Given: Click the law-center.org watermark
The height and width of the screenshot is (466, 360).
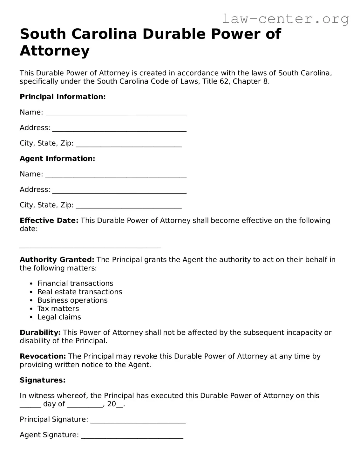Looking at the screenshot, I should tap(285, 19).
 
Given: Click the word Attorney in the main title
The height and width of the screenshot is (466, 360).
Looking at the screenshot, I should tap(55, 51).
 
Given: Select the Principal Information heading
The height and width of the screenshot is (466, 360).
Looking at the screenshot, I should tap(63, 97).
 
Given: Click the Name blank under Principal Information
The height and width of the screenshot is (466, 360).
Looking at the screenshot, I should tap(116, 113).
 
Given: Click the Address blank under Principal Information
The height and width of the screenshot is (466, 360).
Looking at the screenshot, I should tap(119, 129).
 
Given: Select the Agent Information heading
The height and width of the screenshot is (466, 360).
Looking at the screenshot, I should tap(57, 159).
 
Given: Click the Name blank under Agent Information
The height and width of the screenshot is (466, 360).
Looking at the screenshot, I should tap(116, 175).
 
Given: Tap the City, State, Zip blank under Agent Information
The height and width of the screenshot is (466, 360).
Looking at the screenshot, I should tap(129, 206).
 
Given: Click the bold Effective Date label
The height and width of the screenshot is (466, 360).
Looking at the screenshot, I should tap(49, 221).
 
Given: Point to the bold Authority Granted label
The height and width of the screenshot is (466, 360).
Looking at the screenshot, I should tap(57, 260).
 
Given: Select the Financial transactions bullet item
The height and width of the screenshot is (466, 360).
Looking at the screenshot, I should tap(75, 284).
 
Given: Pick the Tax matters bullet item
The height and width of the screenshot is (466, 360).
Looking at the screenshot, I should tap(58, 309).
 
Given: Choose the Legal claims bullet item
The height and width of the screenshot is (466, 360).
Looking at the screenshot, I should tap(59, 317).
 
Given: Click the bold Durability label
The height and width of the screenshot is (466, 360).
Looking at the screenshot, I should tap(40, 333).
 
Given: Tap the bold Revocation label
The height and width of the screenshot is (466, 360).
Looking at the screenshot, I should tap(43, 356).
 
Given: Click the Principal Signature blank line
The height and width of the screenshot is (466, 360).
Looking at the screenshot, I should tap(138, 421).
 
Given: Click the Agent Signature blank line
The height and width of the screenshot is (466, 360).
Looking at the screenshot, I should tap(132, 436).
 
